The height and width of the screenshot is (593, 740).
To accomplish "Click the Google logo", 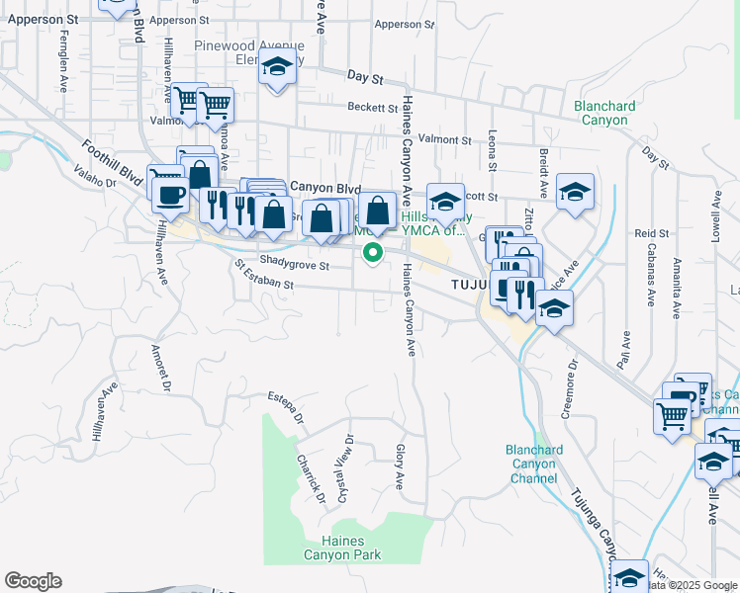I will pyautogui.click(x=33, y=581).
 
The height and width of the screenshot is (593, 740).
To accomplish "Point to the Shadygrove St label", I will pyautogui.click(x=294, y=263).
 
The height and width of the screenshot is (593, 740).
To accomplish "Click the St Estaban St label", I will pyautogui.click(x=264, y=277).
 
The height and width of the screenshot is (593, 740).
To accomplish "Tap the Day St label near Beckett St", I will pyautogui.click(x=363, y=76).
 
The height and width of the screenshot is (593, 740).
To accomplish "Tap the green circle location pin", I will pyautogui.click(x=373, y=252).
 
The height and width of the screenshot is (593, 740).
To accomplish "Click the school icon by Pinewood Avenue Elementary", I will pyautogui.click(x=278, y=69).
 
